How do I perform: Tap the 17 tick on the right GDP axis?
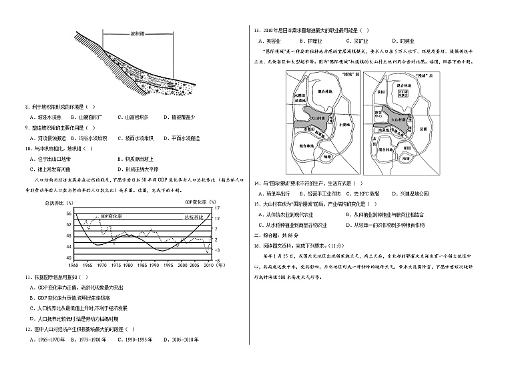point(218,208)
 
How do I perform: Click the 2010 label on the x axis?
point(208,265)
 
